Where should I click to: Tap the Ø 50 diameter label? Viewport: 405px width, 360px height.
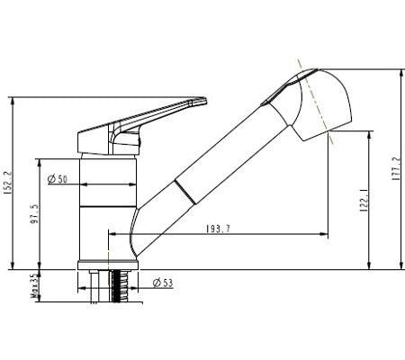coord(58,178)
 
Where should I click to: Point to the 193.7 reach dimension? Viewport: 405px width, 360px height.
coord(216,229)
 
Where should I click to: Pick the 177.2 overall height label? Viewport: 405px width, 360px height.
coord(397,171)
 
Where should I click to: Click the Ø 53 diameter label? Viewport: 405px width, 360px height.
coord(163,283)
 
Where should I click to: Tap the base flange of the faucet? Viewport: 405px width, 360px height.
coord(109,265)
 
